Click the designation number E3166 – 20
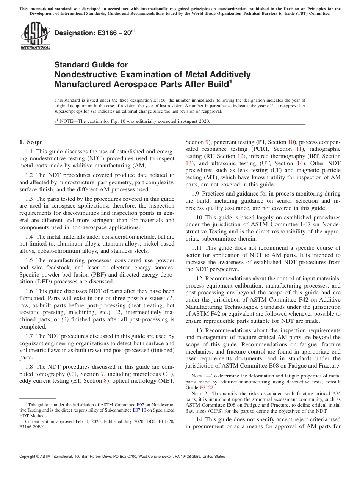click(x=94, y=33)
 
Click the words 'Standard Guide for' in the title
click(x=91, y=65)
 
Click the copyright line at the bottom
click(x=122, y=457)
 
